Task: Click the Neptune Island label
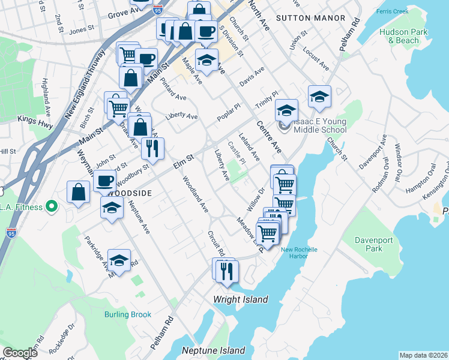214,350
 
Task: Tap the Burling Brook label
127,314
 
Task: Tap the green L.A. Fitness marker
52,206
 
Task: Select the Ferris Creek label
392,11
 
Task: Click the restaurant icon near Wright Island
227,271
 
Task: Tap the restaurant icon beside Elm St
153,148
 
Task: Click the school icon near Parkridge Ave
119,260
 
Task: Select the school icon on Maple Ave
206,60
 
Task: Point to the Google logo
20,353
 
